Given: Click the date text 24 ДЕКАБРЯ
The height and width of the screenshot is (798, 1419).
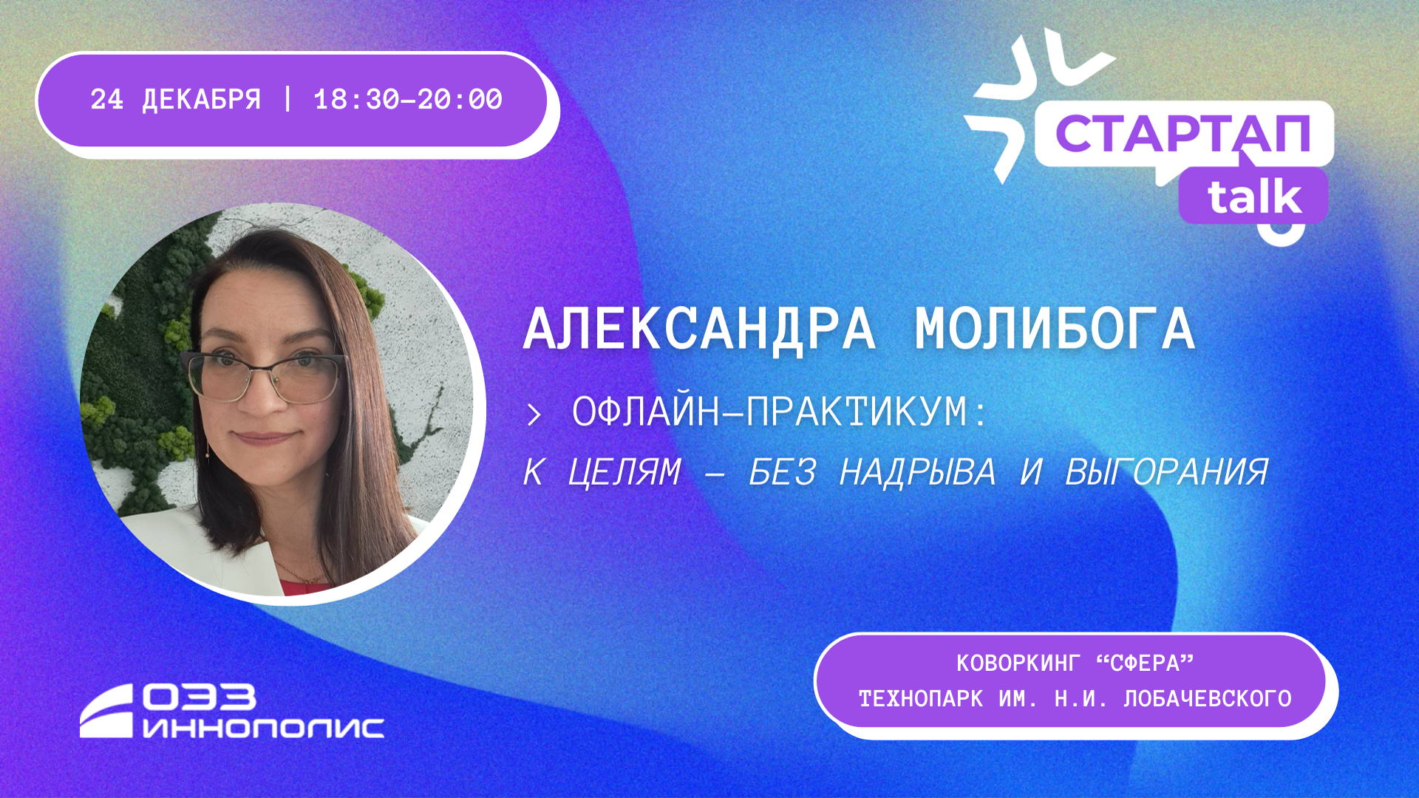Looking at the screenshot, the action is point(176,100).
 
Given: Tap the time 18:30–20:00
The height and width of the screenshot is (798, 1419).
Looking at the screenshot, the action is point(408,100).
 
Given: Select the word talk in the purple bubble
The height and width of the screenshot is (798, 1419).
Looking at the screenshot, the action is point(1254,196).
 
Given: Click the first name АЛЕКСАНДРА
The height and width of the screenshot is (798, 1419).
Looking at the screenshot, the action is point(699,329).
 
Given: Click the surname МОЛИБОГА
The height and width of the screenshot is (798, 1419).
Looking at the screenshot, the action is point(1055,329).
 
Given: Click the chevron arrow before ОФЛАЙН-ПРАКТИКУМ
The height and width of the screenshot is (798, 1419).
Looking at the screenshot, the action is point(534,415).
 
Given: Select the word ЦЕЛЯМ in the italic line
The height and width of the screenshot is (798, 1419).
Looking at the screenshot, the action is point(625,472).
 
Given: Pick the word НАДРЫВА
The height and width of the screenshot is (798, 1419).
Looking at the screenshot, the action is point(918,471).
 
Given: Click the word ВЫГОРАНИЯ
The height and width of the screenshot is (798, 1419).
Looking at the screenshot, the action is point(1166,471).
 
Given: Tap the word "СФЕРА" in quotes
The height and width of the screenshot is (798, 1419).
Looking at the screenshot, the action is point(1145,664).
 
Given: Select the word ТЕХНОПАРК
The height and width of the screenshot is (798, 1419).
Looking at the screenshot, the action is point(921,698).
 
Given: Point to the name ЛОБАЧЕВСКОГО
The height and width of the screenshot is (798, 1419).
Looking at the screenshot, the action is point(1208,698).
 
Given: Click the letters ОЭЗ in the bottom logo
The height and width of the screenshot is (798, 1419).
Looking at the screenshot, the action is point(199,697).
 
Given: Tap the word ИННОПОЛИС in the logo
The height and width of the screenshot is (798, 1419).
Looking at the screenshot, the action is point(263,727).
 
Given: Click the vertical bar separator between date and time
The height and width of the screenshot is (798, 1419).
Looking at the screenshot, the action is point(287,100).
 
